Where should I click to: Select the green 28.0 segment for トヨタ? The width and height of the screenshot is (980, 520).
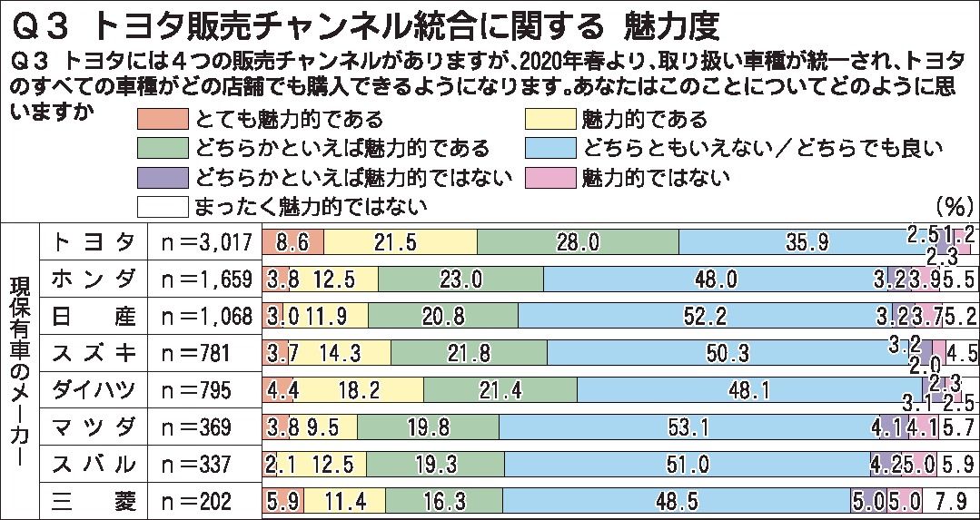coord(578,242)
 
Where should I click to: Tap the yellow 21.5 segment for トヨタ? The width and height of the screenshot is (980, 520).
coord(400,242)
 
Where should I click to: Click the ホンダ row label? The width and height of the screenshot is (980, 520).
coord(94,278)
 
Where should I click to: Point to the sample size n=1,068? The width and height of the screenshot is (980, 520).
coord(198,315)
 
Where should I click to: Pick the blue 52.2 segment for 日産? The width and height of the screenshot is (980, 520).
coord(705,315)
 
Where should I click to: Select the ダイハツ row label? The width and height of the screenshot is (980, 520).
coord(94,389)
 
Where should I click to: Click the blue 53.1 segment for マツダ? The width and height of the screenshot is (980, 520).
coord(685,427)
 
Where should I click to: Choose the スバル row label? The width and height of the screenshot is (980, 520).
coord(94,464)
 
